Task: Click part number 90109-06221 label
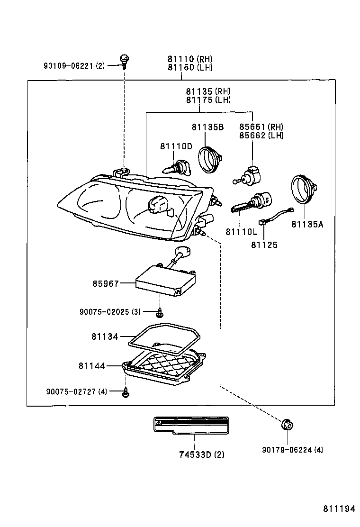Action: point(73,66)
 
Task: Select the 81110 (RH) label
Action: point(189,59)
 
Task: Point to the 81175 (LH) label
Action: point(208,100)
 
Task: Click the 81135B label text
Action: point(207,127)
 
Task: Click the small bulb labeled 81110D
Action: point(174,167)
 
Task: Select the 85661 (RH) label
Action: point(261,127)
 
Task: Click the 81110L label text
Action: point(241,232)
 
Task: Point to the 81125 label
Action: point(264,245)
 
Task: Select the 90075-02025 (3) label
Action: point(110,311)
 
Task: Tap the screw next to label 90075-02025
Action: point(160,312)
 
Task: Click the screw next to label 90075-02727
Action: point(126,392)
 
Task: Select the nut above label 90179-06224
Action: point(286,425)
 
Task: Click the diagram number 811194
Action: point(339,509)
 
